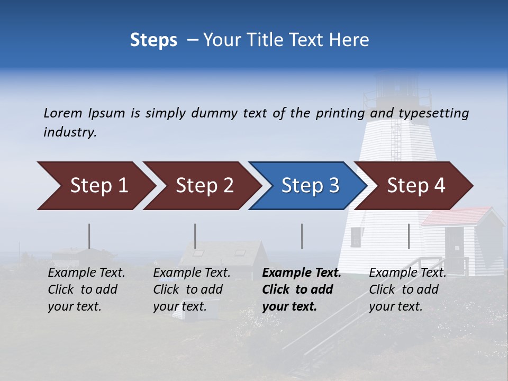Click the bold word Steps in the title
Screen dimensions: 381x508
(x=153, y=40)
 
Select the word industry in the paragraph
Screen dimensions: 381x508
(x=70, y=132)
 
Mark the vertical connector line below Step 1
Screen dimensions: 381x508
(x=89, y=236)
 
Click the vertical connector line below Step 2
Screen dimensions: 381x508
(x=195, y=236)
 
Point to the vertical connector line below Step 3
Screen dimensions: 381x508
(x=302, y=236)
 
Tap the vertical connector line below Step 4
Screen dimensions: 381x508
(x=409, y=236)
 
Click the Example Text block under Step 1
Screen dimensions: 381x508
(x=86, y=289)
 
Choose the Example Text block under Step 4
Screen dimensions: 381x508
(x=407, y=289)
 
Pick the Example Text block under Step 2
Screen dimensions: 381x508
(x=192, y=289)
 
